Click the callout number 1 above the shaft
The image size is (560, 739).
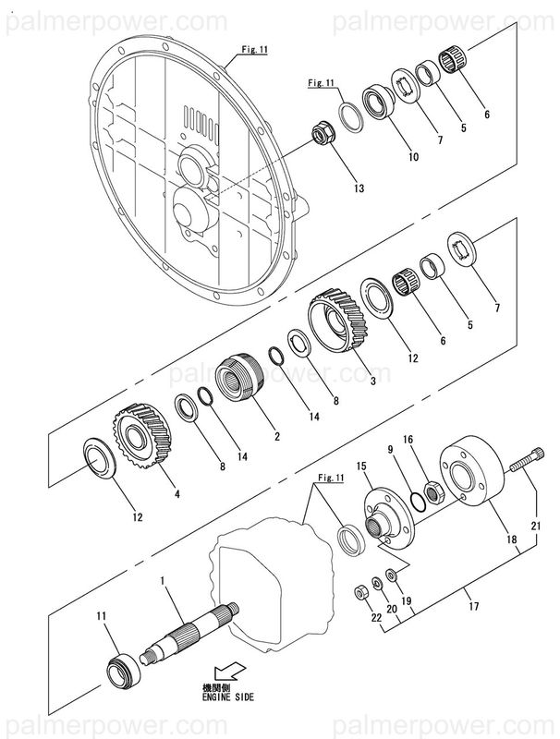(x=163, y=581)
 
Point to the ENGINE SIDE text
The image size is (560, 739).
(x=226, y=697)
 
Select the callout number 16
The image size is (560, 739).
(x=408, y=440)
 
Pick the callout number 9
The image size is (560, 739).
(x=391, y=449)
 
